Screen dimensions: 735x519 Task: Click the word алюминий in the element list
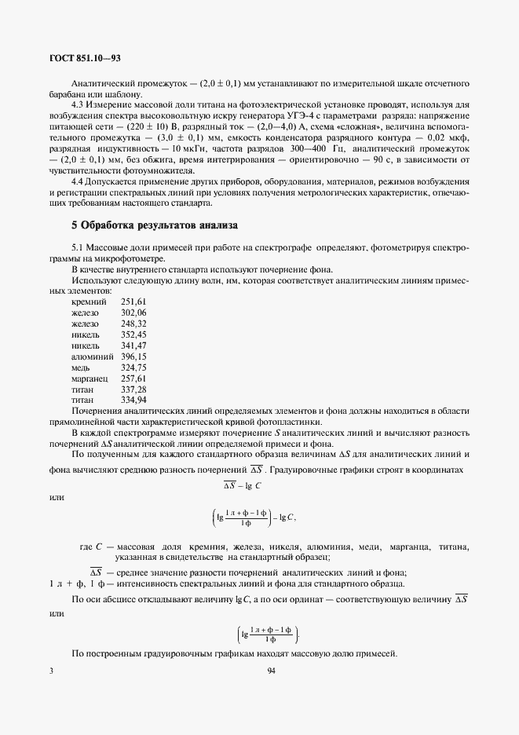pyautogui.click(x=93, y=357)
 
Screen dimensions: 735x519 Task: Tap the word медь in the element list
pyautogui.click(x=82, y=367)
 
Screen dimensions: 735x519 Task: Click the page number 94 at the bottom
pyautogui.click(x=271, y=671)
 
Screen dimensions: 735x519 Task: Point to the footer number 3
pyautogui.click(x=51, y=671)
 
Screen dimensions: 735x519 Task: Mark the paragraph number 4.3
pyautogui.click(x=79, y=104)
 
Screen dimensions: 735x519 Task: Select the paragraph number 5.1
pyautogui.click(x=79, y=248)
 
